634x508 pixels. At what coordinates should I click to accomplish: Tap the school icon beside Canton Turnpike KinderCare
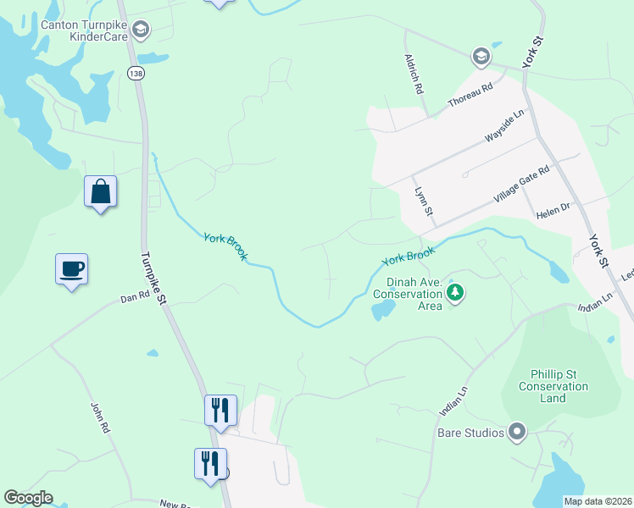click(x=141, y=31)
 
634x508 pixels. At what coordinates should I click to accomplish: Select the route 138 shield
click(x=136, y=74)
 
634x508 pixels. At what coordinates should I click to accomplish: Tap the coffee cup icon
click(x=72, y=269)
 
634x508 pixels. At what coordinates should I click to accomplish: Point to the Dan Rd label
click(x=135, y=298)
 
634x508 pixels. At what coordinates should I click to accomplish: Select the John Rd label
click(x=100, y=417)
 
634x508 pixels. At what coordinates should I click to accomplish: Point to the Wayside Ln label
click(x=505, y=125)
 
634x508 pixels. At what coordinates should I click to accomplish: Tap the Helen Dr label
click(x=553, y=217)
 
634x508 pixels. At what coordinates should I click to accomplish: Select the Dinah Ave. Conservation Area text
click(x=408, y=294)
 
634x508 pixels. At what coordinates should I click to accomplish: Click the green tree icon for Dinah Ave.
click(x=456, y=294)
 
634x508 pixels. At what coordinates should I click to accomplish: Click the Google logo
click(x=28, y=498)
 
